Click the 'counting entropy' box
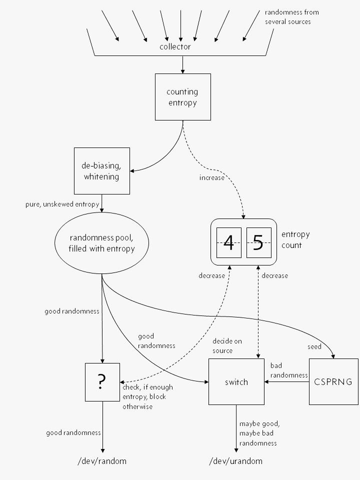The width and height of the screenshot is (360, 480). pos(182,97)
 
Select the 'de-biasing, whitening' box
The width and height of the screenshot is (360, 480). pos(101,171)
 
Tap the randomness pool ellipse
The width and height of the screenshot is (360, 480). pos(102,243)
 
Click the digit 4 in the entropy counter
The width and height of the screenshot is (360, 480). pos(228,242)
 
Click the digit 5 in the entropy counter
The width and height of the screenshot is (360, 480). pos(258,242)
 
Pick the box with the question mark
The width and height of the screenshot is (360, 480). pos(102,382)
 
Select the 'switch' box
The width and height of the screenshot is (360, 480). pos(236,382)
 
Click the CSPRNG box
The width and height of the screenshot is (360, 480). pos(333,381)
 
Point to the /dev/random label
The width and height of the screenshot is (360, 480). pos(102,461)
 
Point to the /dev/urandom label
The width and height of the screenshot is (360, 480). pos(236,461)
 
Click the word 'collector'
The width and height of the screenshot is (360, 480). pos(175,47)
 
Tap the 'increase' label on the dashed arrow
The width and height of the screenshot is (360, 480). pos(212,178)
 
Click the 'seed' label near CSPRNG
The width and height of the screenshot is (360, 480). pos(314,346)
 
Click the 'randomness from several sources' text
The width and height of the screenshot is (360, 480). pos(291,17)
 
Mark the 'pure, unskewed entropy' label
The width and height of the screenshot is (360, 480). pos(62,204)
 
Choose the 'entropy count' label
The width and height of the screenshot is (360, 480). pos(295,239)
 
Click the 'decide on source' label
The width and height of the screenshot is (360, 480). pos(227,345)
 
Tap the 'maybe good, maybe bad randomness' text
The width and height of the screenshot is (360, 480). pos(259,433)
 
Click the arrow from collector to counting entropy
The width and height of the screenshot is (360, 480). pos(182,64)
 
